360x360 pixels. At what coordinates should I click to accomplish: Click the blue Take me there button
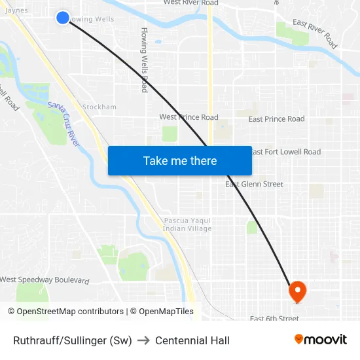(x=180, y=160)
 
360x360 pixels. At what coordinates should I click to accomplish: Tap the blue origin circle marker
(x=63, y=18)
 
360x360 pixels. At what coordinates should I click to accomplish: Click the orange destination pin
(x=297, y=291)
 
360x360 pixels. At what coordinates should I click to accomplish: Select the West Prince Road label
(x=189, y=117)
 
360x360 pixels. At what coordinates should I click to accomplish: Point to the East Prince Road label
(x=276, y=119)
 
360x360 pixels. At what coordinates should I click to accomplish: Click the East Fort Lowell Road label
(x=286, y=152)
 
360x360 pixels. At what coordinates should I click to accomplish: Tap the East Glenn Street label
(x=255, y=184)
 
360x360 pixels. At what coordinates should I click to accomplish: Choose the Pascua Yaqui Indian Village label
(x=187, y=225)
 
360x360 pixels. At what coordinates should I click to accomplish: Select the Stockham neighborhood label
(x=99, y=107)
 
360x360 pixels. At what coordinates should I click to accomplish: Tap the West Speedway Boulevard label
(x=45, y=280)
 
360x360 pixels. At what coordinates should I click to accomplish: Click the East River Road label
(x=315, y=33)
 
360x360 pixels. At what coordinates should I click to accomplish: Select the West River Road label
(x=191, y=3)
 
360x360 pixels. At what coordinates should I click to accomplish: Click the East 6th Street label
(x=274, y=319)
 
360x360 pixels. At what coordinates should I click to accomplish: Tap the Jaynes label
(x=16, y=10)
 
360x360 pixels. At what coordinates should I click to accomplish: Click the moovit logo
(x=320, y=340)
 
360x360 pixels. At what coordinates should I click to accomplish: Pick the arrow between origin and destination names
(x=143, y=340)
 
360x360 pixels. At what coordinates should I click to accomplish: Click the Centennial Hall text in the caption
(x=192, y=340)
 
